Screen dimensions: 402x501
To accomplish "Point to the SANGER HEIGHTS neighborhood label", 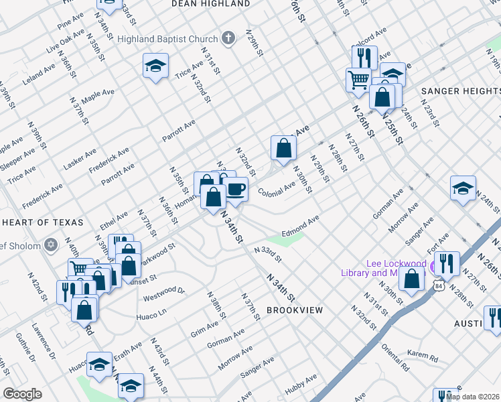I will pos(460,90).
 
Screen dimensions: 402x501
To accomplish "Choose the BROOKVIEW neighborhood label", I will pos(295,310).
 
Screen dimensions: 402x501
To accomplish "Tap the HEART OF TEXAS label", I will pos(42,222).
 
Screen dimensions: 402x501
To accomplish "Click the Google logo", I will pos(22,394).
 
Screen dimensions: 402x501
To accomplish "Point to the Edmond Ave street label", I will pos(300,226).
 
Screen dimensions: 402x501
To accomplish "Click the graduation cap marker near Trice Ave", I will pos(155,66).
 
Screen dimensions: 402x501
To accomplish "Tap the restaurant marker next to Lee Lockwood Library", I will pos(447,263).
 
